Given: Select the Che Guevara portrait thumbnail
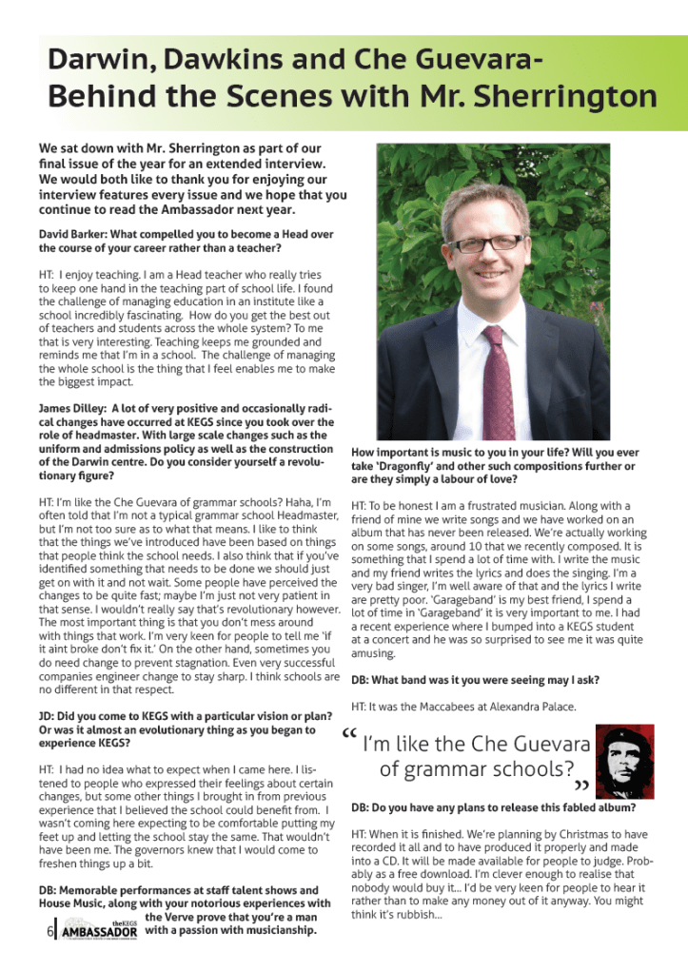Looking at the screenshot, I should (625, 764).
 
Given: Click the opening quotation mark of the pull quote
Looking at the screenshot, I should (348, 735).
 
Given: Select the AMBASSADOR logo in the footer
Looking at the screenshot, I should (98, 930).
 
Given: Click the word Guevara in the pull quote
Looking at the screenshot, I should (546, 743).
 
